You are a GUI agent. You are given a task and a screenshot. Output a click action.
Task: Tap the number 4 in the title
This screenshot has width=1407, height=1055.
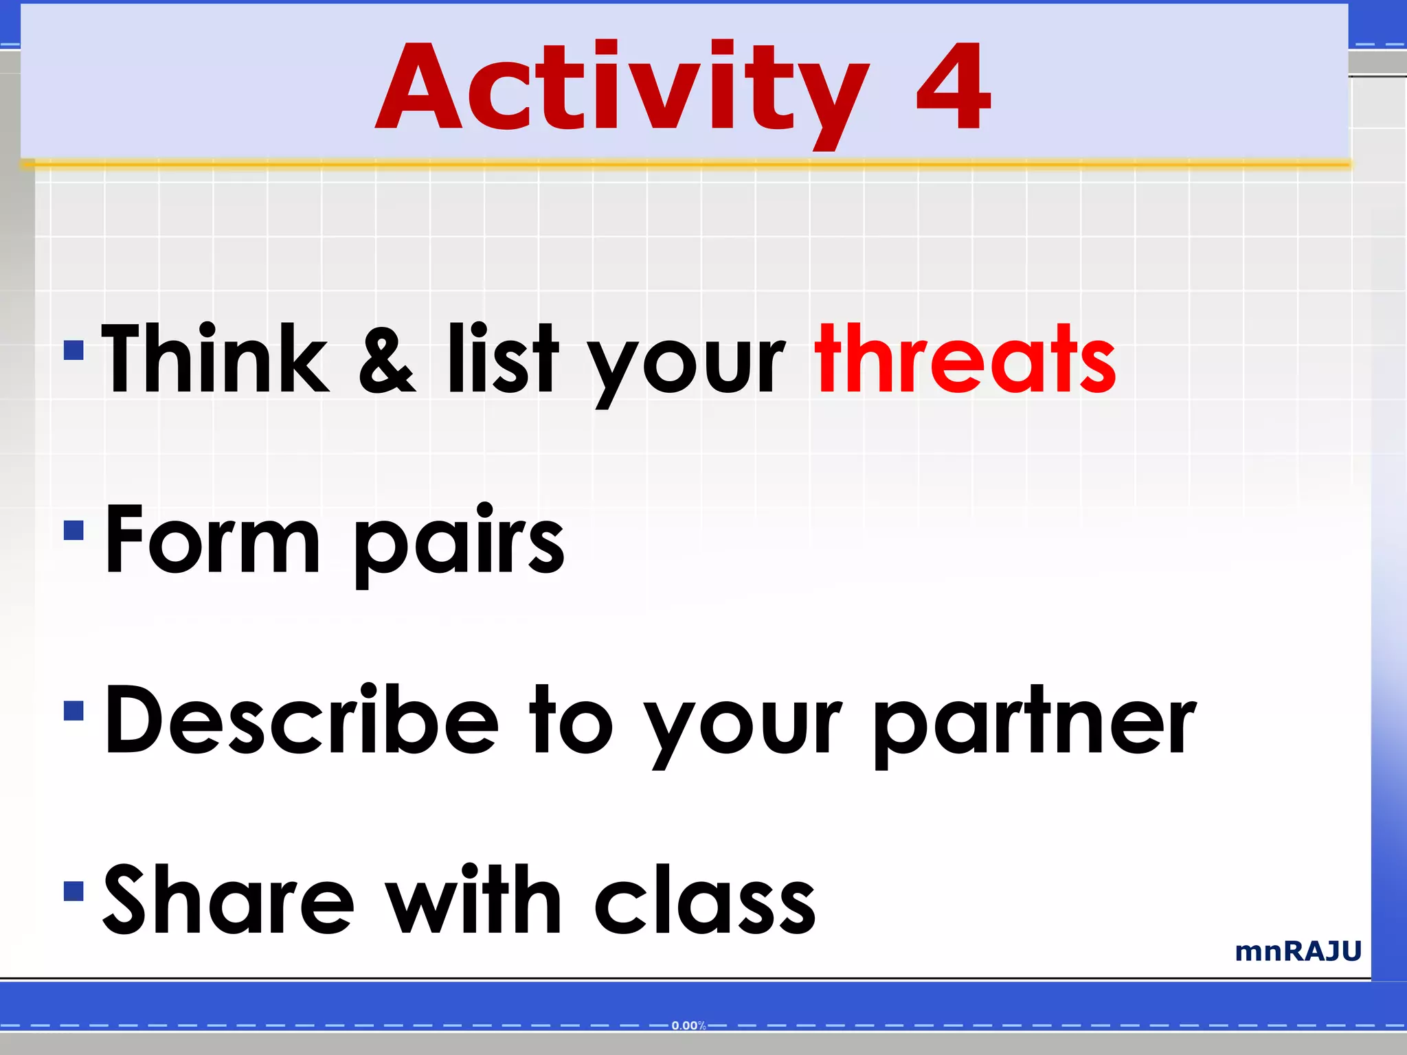pos(954,88)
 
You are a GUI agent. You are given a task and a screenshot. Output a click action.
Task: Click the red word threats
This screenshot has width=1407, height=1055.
pos(965,360)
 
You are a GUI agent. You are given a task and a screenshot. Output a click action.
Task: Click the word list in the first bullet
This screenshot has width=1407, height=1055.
pos(503,360)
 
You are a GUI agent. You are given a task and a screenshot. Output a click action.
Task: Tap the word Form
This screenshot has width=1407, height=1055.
pos(213,540)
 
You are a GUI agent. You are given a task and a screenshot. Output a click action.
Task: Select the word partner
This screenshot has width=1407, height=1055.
pos(1034,725)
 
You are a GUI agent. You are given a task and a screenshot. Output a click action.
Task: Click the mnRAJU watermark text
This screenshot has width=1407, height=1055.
pos(1298,952)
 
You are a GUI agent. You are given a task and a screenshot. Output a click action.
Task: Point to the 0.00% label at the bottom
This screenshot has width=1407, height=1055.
pos(688,1026)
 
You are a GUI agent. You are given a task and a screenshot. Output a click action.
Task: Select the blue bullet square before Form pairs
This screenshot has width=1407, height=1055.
pos(74,530)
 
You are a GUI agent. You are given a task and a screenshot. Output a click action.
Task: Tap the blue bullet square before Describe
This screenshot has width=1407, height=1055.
pos(74,711)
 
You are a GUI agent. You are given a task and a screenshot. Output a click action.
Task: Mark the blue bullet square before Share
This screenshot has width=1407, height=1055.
pos(74,891)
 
